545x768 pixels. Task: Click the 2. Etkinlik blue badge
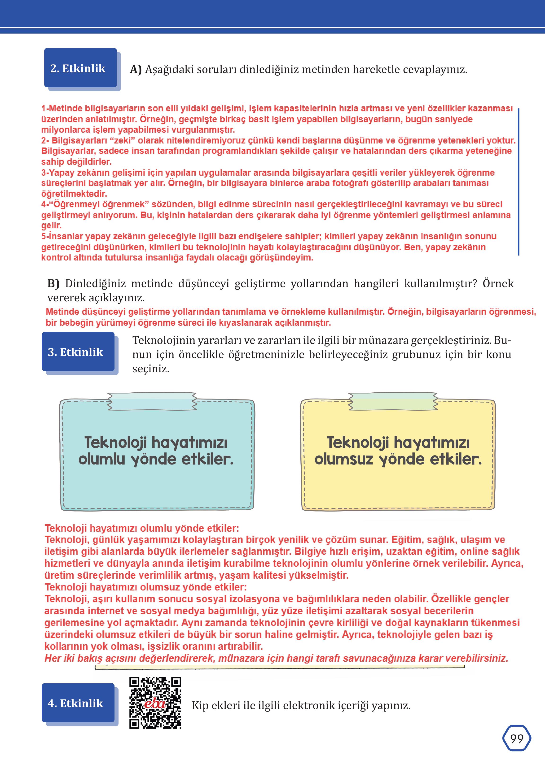pos(80,68)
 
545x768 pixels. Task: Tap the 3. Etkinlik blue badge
pos(78,352)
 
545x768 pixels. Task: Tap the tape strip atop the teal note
pos(152,401)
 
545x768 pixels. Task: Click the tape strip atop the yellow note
pos(393,401)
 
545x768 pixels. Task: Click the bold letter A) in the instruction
pos(136,69)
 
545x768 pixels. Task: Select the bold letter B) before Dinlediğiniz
pos(53,283)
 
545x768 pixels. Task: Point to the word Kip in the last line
pos(199,705)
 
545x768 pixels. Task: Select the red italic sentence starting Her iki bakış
pos(276,658)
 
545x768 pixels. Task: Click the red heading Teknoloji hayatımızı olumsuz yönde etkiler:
pos(145,587)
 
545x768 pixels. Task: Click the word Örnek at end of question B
pos(498,283)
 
